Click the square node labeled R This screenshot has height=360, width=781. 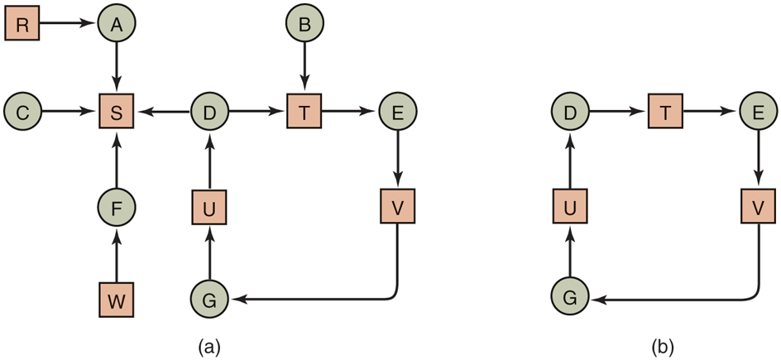(x=22, y=25)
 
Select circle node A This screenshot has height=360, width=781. (x=117, y=25)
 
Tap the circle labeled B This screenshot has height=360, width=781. (x=304, y=25)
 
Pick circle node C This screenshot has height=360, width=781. (x=22, y=113)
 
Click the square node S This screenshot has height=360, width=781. (x=117, y=113)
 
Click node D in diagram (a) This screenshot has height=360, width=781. (x=209, y=113)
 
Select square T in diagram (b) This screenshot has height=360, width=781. (x=664, y=113)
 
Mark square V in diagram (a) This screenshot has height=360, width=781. (x=398, y=206)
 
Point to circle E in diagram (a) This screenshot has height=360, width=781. (x=398, y=113)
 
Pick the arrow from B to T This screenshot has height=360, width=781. (x=304, y=68)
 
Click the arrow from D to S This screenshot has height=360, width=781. (x=163, y=113)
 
